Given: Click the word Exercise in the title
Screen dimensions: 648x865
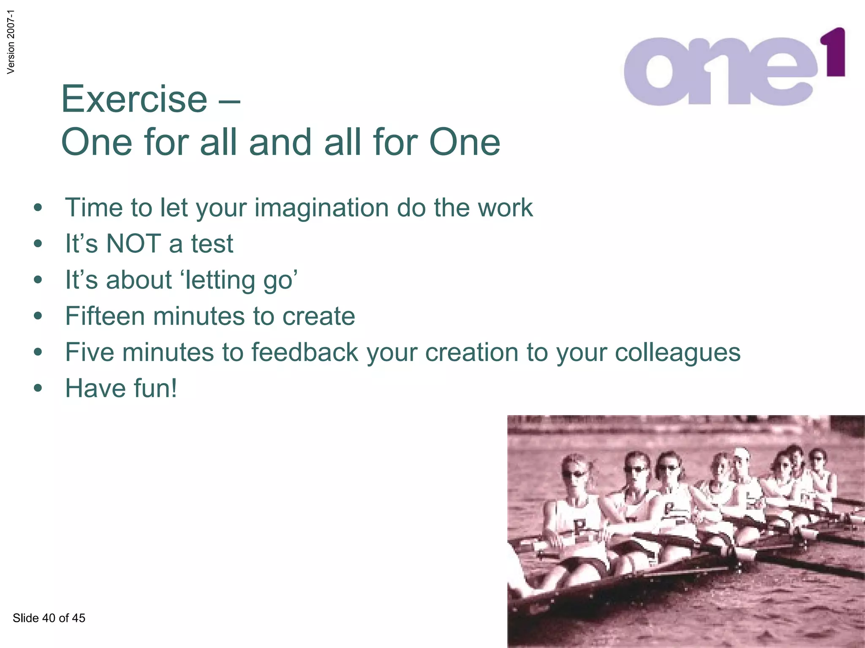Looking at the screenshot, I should click(x=134, y=99).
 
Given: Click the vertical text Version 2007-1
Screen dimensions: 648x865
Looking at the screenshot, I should click(x=11, y=42).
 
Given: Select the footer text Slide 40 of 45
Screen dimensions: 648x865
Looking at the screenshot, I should click(x=49, y=618).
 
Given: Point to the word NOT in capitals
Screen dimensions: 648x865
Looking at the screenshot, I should click(x=133, y=244).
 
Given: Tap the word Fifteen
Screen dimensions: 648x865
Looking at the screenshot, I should click(x=105, y=316).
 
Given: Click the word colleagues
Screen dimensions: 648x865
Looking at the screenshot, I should click(x=677, y=353).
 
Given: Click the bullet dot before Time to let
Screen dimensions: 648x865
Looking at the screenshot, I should click(x=38, y=208).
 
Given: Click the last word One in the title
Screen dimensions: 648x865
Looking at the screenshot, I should click(x=465, y=142).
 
